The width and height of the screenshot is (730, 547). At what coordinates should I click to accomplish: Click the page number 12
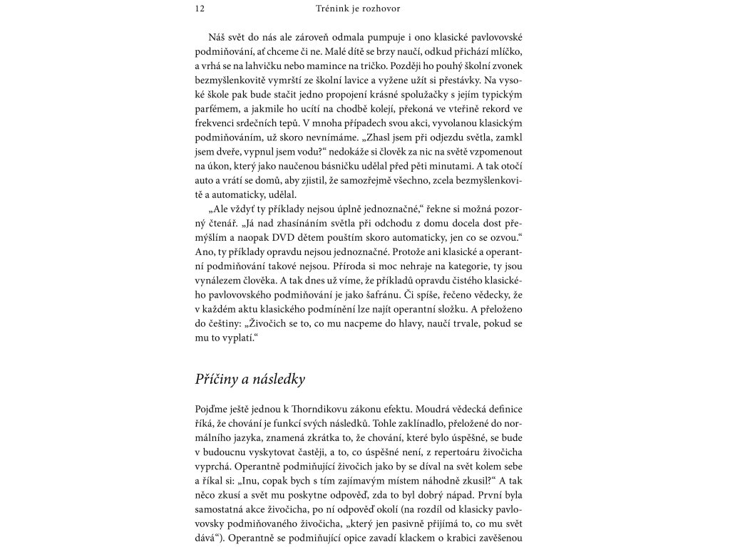coord(199,9)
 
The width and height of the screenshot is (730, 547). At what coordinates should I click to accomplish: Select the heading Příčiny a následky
coord(250,379)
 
